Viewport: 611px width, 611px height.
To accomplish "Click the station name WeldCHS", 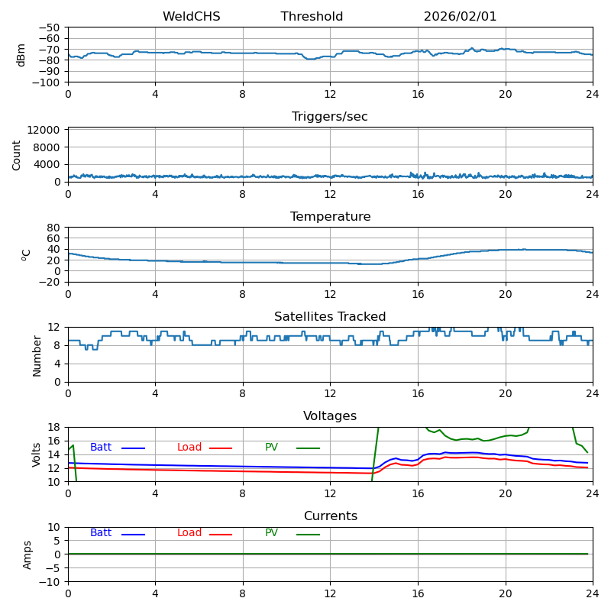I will coord(191,17).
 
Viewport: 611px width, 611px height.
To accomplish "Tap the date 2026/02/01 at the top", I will coord(460,17).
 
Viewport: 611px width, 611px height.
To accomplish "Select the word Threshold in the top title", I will coord(312,17).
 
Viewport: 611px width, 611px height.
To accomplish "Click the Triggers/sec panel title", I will coord(330,117).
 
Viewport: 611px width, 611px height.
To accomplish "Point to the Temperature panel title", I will coord(330,217).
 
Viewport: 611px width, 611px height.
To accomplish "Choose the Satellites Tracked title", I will coord(330,317).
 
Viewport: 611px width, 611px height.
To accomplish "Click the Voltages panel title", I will coord(330,416).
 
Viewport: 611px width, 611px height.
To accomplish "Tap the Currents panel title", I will coord(330,516).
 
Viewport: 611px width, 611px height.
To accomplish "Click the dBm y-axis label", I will coord(21,54).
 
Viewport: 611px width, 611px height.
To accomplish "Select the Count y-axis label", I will coord(17,154).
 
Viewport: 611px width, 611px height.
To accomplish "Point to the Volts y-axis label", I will coord(37,454).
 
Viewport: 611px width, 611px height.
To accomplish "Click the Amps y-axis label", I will coord(27,554).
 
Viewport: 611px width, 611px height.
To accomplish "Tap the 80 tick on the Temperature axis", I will coord(54,228).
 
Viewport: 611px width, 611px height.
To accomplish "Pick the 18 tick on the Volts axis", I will coord(54,427).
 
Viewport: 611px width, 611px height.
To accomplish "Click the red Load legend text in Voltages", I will coord(189,448).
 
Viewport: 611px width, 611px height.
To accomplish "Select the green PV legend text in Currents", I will coord(271,533).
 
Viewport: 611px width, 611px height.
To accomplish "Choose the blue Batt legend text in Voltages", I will coord(101,448).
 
